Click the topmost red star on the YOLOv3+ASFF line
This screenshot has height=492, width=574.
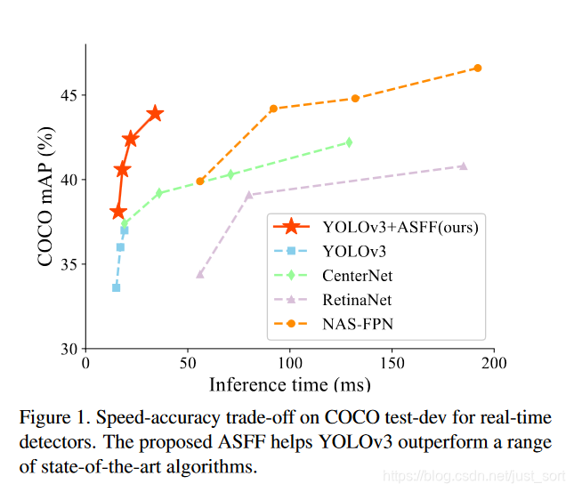[x=155, y=113]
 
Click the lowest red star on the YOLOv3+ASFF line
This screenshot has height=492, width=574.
[x=118, y=212]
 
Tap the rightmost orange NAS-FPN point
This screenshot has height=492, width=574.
[x=478, y=68]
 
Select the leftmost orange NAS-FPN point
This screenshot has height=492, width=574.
[x=200, y=181]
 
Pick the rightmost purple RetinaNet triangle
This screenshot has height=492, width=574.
[x=463, y=165]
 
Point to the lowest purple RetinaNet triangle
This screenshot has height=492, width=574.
[x=200, y=274]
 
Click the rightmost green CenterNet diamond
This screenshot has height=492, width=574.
[x=349, y=141]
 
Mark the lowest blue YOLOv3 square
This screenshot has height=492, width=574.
[x=116, y=287]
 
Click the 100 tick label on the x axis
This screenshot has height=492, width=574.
[x=290, y=364]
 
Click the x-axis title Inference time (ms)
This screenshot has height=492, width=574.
[x=290, y=384]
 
